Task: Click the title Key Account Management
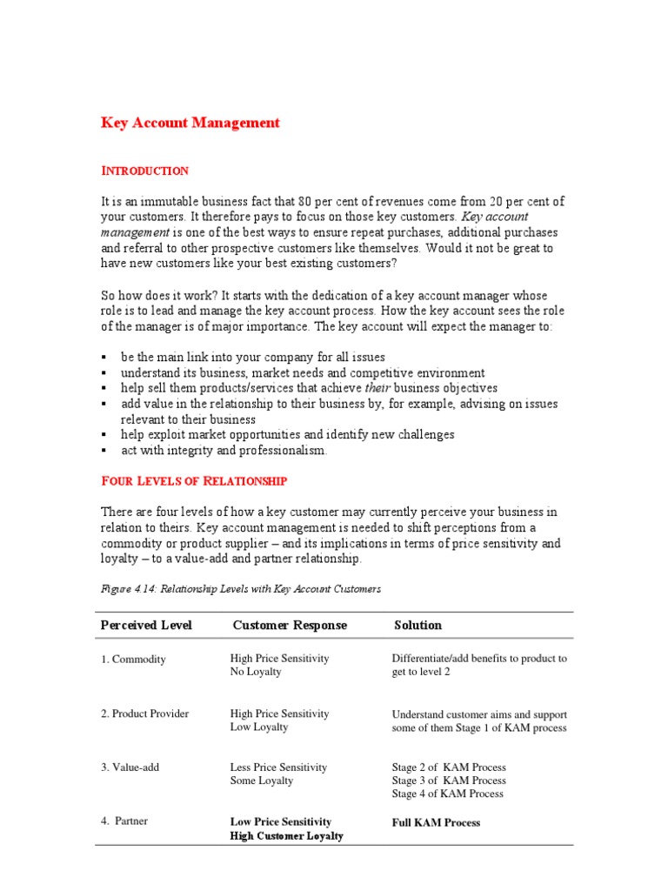coord(190,123)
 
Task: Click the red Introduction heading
coord(145,171)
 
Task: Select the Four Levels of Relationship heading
coord(194,480)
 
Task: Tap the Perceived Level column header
coord(146,625)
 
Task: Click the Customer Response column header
coord(290,625)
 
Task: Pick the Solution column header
coord(417,625)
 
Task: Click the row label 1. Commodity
coord(133,660)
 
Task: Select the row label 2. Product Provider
coord(144,713)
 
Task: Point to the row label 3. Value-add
coord(130,767)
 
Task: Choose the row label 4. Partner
coord(124,821)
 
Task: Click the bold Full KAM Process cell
coord(436,822)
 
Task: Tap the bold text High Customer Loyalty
coord(286,836)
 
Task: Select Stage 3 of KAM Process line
coord(448,780)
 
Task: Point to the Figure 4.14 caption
coord(241,589)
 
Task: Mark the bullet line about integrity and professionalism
coord(224,451)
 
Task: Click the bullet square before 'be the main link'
coord(104,358)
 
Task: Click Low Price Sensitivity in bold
coord(281,821)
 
